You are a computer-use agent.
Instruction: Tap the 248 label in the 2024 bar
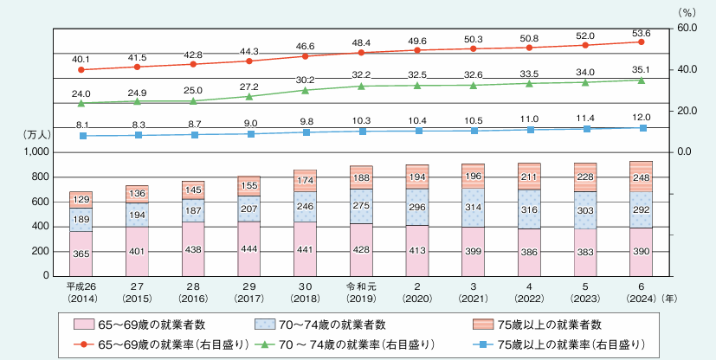click(641, 177)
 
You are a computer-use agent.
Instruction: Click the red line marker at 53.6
click(641, 42)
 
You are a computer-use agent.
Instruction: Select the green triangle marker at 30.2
click(305, 89)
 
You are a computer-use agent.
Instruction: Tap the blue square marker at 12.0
click(641, 128)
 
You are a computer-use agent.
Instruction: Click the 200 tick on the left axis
click(42, 251)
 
